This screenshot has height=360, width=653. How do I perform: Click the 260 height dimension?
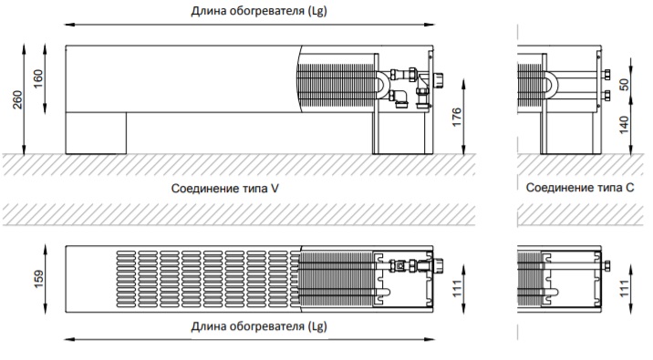point(17,99)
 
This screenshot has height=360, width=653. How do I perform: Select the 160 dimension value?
point(37,78)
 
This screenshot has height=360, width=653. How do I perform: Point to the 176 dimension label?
point(457,117)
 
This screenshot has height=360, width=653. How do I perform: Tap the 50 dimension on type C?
point(624,85)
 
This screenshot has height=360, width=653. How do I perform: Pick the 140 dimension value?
point(624,125)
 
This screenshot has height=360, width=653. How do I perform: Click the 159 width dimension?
point(38,279)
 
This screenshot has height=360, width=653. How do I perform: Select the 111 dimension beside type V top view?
point(457,289)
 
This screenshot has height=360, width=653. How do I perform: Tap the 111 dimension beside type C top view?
point(624,289)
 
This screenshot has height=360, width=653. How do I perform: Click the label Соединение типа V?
point(225,189)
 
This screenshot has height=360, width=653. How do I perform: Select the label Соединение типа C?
point(580,188)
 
